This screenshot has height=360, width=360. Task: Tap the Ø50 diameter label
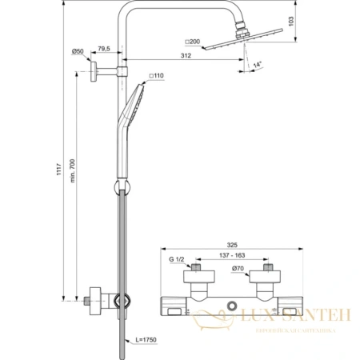pos(78,52)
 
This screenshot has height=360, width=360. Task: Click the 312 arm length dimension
pos(186,57)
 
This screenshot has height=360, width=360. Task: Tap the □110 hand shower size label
pos(156,78)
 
